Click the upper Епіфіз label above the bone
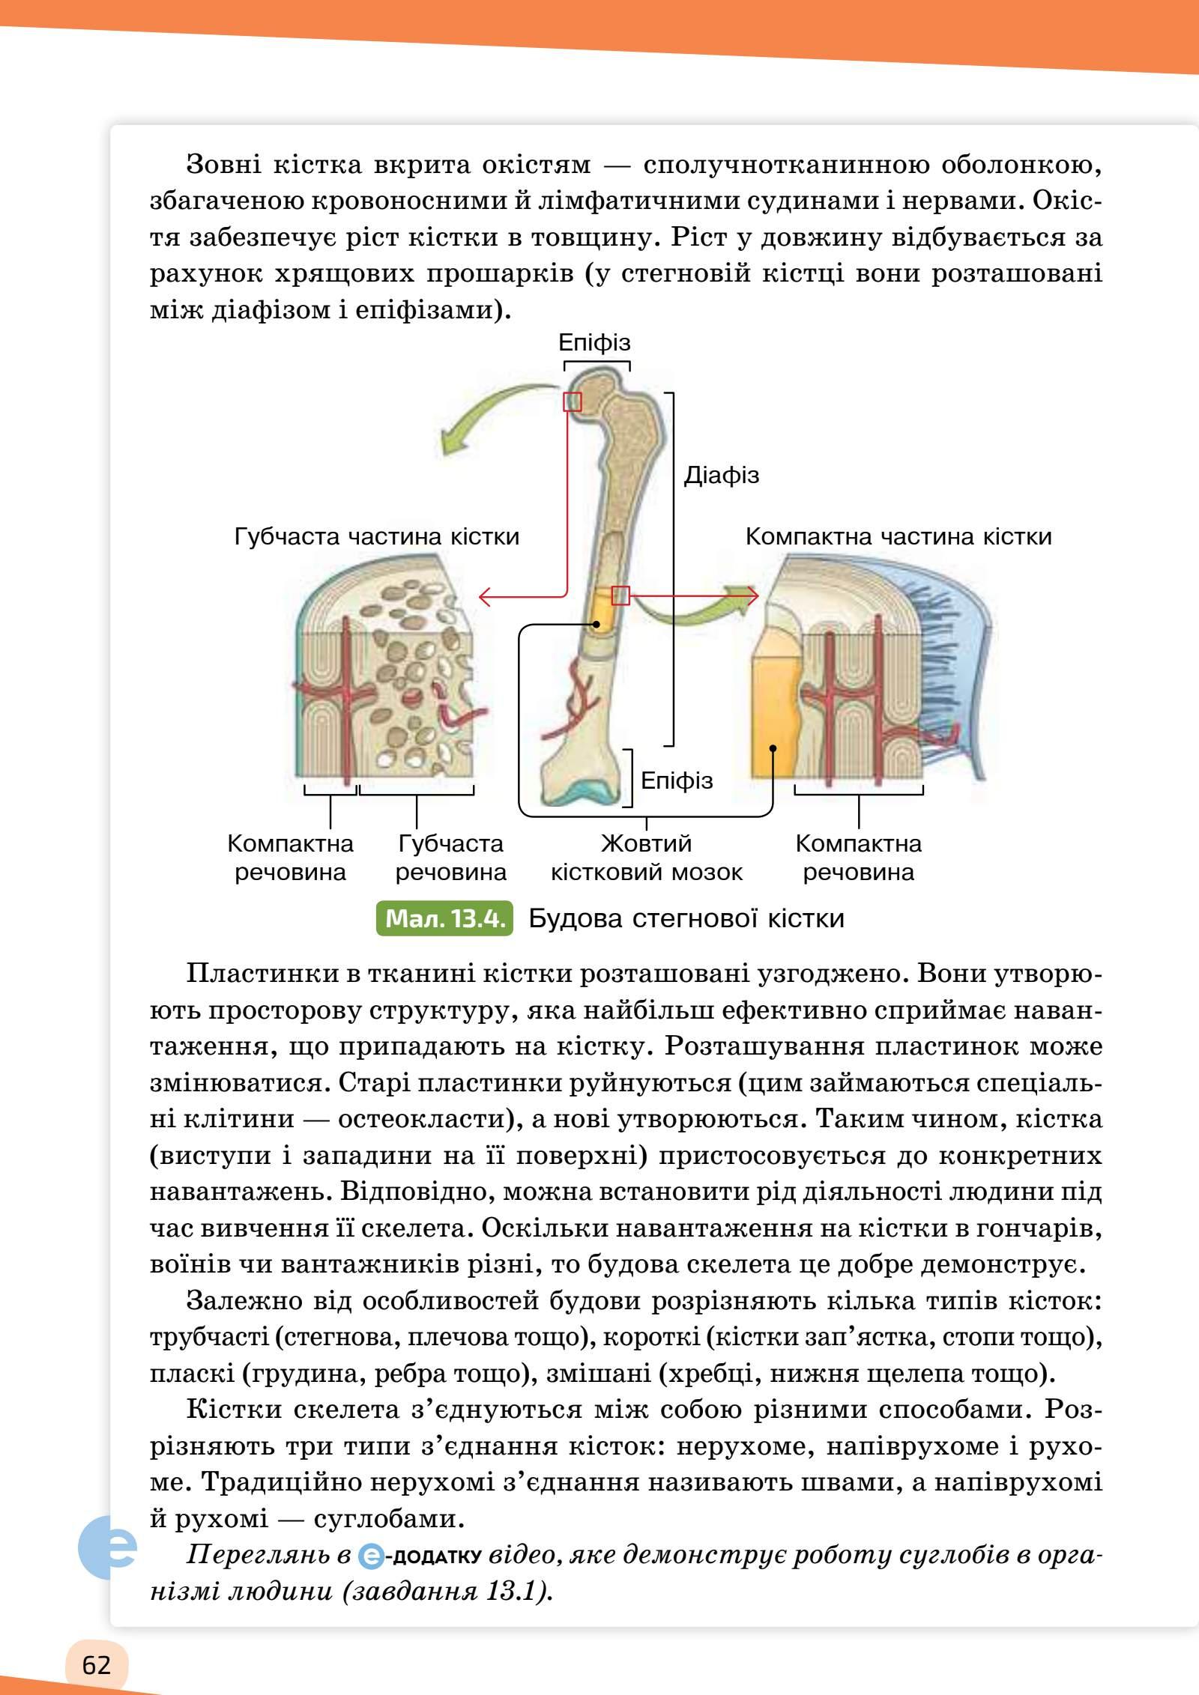tap(594, 343)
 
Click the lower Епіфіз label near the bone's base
tap(677, 780)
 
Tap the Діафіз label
tap(721, 475)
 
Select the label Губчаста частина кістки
tap(376, 536)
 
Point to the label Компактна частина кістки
tap(898, 536)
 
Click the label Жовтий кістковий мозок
tap(646, 858)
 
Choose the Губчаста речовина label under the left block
tap(450, 858)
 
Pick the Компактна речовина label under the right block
tap(858, 858)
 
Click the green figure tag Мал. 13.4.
tap(445, 918)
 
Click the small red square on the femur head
tap(573, 401)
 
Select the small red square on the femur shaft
tap(620, 595)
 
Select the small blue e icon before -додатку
tap(371, 1556)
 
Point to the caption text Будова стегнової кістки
tap(686, 918)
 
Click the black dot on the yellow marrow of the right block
tap(773, 747)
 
